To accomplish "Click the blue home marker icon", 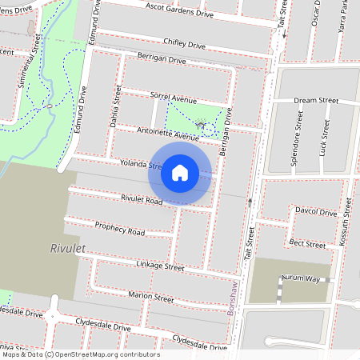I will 180,173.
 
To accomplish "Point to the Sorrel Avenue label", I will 172,98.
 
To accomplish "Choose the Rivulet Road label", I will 142,198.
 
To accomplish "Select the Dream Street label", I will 316,102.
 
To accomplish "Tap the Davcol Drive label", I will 315,213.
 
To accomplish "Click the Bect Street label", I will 307,242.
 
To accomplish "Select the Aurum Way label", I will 299,279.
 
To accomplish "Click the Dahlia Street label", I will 117,110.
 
